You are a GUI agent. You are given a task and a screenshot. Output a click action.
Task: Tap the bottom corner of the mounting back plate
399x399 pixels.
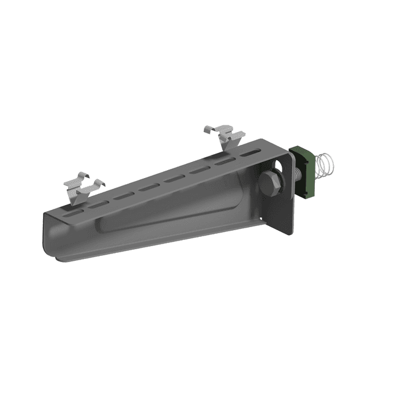pos(287,232)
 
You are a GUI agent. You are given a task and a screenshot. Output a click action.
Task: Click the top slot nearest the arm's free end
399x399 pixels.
pos(72,213)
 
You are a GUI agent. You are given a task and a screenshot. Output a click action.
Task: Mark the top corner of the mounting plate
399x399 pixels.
pos(265,141)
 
